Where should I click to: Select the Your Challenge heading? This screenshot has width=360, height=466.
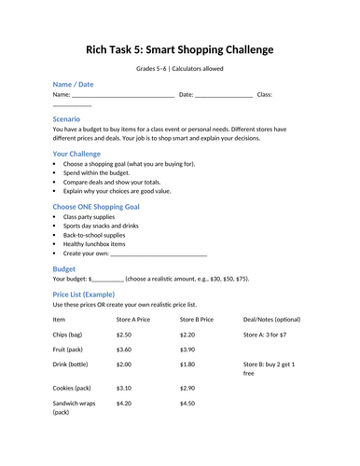tap(82, 153)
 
